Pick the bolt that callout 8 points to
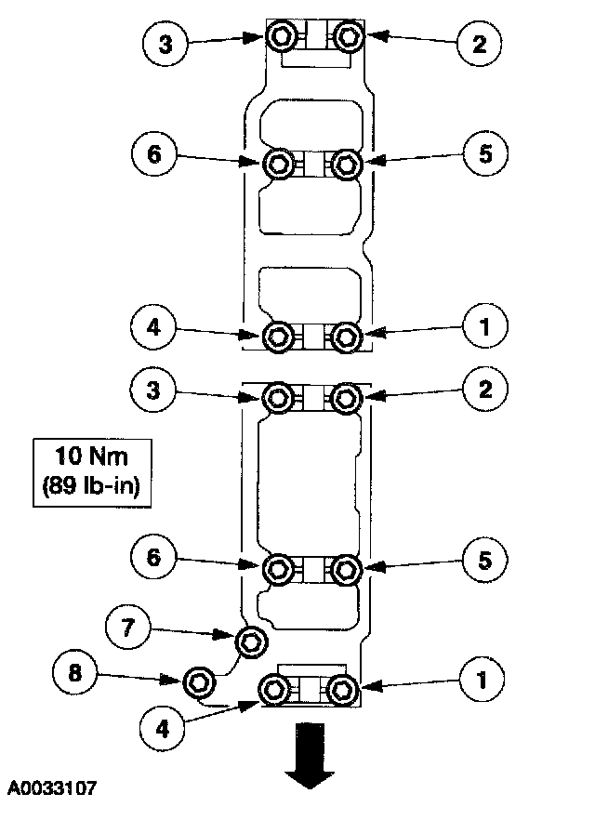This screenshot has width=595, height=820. pos(200,681)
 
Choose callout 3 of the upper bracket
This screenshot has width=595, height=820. pos(166,43)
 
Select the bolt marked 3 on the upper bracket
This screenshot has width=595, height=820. pos(281,37)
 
